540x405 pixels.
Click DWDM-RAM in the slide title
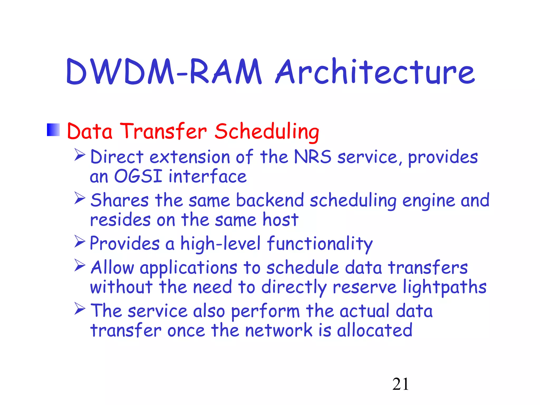click(163, 72)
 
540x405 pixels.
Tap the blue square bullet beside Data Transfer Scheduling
click(53, 130)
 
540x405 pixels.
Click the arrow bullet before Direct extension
click(80, 155)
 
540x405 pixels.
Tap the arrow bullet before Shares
click(80, 198)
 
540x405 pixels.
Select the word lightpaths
click(445, 287)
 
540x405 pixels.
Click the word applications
click(188, 268)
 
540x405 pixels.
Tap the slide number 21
click(401, 384)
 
